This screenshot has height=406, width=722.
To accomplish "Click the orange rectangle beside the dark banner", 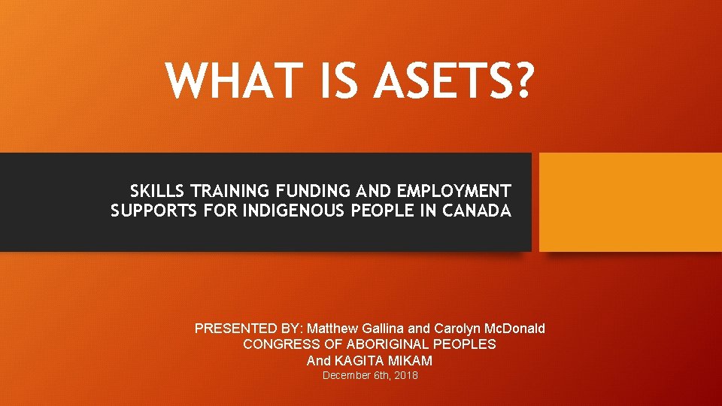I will click(x=630, y=202).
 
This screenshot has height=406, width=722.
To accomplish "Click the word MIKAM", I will click(x=410, y=360).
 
